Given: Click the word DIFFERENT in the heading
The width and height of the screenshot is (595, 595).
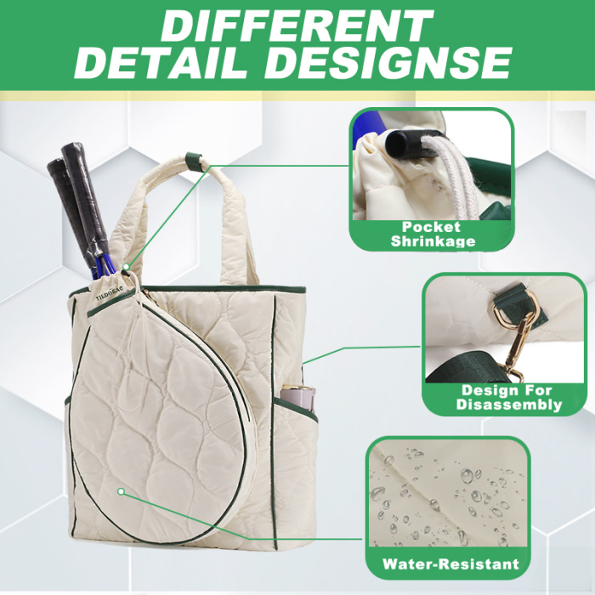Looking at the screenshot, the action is click(x=297, y=25).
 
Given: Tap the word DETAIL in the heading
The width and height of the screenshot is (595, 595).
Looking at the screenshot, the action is click(x=161, y=63).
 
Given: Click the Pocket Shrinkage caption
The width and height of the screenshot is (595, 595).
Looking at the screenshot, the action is click(x=433, y=234).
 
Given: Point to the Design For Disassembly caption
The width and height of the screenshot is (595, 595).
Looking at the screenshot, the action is click(x=509, y=397).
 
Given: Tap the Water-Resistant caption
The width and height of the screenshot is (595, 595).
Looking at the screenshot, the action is click(x=450, y=564).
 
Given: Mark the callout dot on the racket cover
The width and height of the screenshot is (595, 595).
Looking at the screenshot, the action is click(x=121, y=491).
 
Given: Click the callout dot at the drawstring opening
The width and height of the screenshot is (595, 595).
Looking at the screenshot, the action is click(x=126, y=267).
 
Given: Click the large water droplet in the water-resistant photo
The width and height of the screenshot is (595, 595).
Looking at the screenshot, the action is click(x=467, y=475).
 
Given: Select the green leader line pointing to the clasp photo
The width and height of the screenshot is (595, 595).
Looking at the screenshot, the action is click(x=361, y=354).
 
